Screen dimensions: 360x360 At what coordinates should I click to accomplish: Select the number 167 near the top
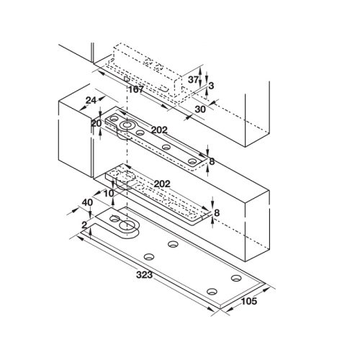pyautogui.click(x=136, y=90)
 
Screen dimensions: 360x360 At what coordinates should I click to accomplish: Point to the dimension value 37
pyautogui.click(x=193, y=79)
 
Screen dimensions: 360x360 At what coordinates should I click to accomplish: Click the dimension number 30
pyautogui.click(x=199, y=109)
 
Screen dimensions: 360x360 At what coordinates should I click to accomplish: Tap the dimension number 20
pyautogui.click(x=96, y=123)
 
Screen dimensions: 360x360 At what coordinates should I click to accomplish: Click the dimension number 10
pyautogui.click(x=109, y=194)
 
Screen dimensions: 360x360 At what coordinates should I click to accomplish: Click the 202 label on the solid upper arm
pyautogui.click(x=159, y=130)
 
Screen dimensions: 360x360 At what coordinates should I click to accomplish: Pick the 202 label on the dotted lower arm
pyautogui.click(x=162, y=184)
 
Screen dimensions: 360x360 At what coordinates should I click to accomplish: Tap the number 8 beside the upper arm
pyautogui.click(x=212, y=161)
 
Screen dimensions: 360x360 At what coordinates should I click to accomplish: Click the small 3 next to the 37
pyautogui.click(x=211, y=86)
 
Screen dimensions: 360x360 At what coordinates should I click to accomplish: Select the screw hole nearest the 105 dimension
pyautogui.click(x=236, y=278)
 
